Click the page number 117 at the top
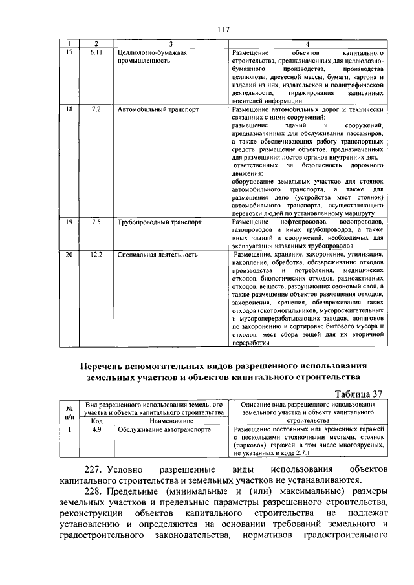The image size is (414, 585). coord(224,29)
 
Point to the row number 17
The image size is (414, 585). coord(69,51)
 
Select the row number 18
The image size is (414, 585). coord(69,110)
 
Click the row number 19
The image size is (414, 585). coord(69,222)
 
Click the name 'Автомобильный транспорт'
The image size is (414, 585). coord(158,110)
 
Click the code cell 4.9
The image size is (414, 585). coord(96,429)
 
